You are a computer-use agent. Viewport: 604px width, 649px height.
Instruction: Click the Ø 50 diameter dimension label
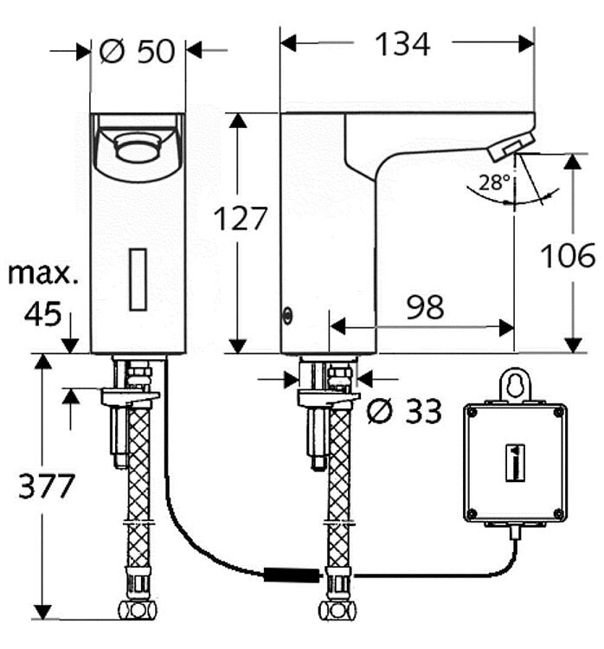pos(137,51)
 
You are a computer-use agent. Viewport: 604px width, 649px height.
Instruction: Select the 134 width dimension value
pos(402,44)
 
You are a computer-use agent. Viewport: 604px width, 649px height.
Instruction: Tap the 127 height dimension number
pos(241,219)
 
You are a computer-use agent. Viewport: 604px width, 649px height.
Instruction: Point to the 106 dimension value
pos(568,256)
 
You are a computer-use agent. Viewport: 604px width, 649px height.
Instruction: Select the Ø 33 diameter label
pos(403,413)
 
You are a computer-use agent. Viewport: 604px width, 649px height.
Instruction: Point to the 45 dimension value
pos(42,314)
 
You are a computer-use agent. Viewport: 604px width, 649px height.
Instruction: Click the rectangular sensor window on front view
pos(138,279)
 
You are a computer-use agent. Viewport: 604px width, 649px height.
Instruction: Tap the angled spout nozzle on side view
pos(511,146)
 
